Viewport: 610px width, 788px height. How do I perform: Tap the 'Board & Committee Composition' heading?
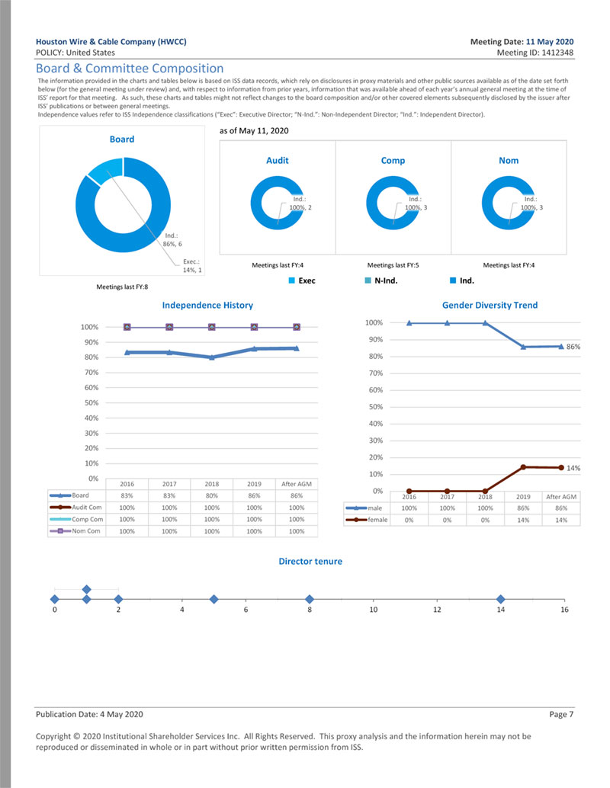pyautogui.click(x=130, y=69)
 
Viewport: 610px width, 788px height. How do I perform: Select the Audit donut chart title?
pyautogui.click(x=278, y=161)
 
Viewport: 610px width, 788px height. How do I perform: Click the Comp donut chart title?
pyautogui.click(x=393, y=161)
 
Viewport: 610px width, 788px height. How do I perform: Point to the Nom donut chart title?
pyautogui.click(x=509, y=161)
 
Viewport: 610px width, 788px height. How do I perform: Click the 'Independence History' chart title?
pyautogui.click(x=207, y=305)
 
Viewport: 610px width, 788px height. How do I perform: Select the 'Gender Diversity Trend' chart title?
pyautogui.click(x=490, y=305)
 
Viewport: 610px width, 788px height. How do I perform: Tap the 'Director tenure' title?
pyautogui.click(x=310, y=562)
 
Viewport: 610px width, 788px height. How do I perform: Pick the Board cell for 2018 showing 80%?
pyautogui.click(x=211, y=495)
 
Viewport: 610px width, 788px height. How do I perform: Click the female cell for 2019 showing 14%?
pyautogui.click(x=523, y=520)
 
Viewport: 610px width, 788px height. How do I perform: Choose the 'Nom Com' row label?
pyautogui.click(x=86, y=531)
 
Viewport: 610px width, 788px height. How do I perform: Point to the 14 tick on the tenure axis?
pyautogui.click(x=500, y=610)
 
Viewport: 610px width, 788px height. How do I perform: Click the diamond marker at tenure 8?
pyautogui.click(x=309, y=599)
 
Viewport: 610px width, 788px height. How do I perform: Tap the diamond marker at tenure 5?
pyautogui.click(x=213, y=599)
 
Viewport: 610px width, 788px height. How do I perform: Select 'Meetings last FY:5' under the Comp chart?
pyautogui.click(x=393, y=265)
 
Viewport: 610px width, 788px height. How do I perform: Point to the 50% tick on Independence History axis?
pyautogui.click(x=90, y=402)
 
